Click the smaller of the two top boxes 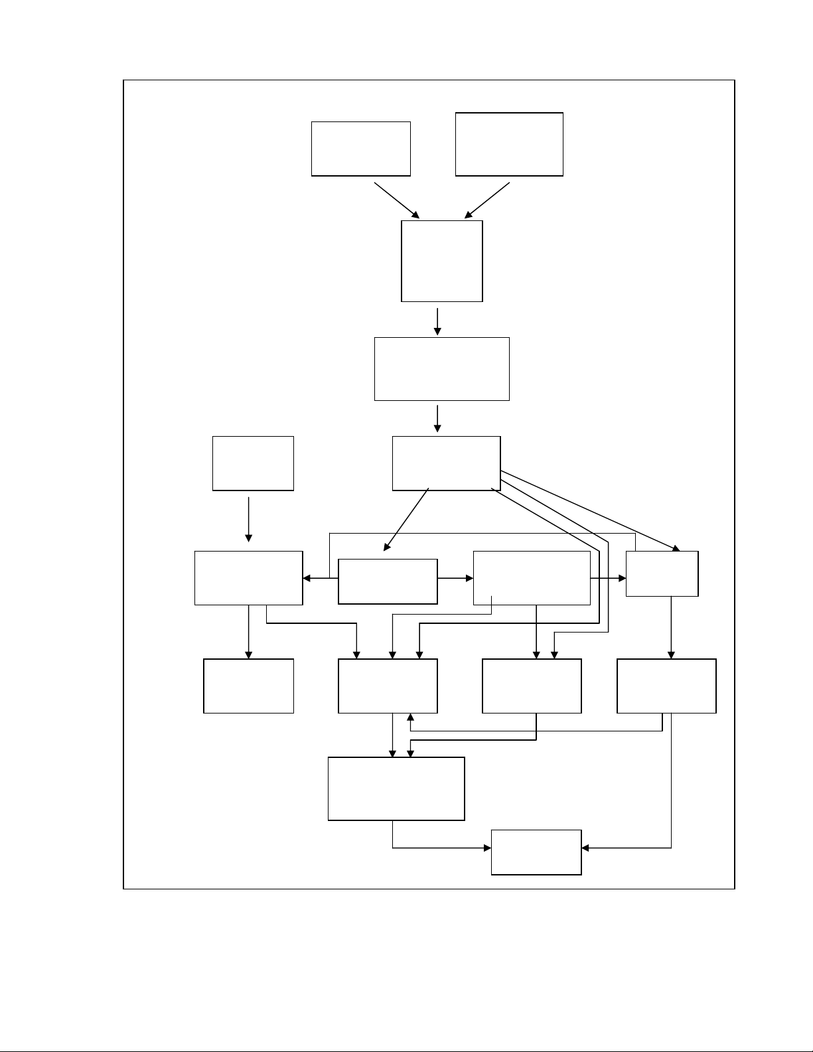tap(360, 149)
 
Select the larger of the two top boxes tap(509, 144)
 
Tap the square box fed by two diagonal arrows tap(441, 261)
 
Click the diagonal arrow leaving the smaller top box tap(397, 200)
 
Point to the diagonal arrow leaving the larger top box tap(487, 200)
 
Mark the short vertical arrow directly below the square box tap(437, 321)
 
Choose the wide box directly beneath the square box tap(441, 368)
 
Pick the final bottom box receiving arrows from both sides tap(536, 852)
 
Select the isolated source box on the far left tap(253, 463)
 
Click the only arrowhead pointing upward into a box tap(411, 718)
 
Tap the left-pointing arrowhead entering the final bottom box tap(586, 848)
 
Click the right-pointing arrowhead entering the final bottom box tap(486, 848)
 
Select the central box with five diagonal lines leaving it tap(446, 463)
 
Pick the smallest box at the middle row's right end tap(662, 573)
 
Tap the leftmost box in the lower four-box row tap(248, 686)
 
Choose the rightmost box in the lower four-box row tap(666, 686)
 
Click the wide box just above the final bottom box tap(396, 789)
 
